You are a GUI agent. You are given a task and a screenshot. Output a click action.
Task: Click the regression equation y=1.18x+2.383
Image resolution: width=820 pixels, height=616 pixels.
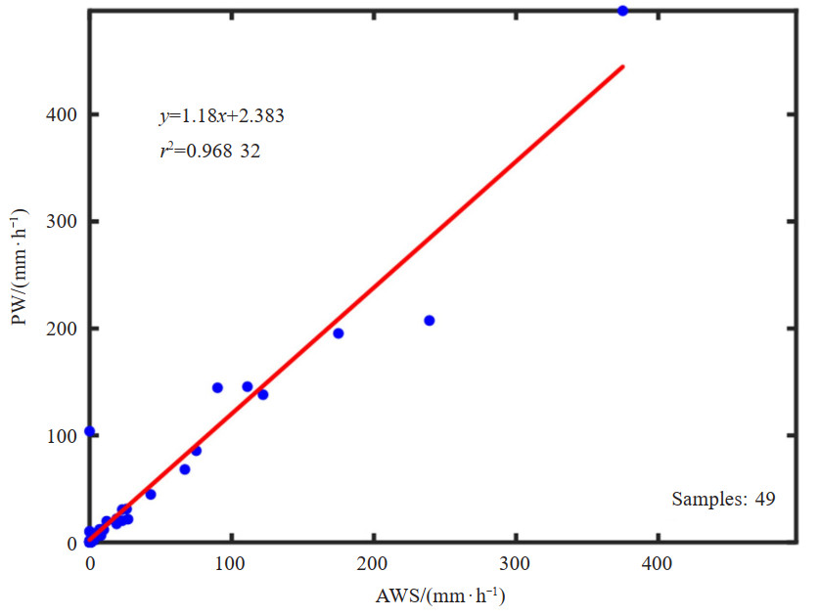(x=222, y=116)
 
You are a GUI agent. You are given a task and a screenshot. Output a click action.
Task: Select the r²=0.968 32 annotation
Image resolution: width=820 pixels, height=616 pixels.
(x=210, y=151)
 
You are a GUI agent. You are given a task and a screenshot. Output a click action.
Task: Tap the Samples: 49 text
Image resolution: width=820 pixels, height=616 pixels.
(x=723, y=499)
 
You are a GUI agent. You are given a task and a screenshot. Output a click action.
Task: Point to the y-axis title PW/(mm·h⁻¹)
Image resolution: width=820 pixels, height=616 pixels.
(x=25, y=282)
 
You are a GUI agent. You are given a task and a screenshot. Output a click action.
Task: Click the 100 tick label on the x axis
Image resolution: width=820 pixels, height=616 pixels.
(x=231, y=564)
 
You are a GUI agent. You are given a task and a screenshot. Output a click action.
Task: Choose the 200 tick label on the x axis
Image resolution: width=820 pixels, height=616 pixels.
(x=373, y=564)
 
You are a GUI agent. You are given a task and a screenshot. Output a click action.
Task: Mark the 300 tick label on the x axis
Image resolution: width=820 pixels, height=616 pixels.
(x=515, y=564)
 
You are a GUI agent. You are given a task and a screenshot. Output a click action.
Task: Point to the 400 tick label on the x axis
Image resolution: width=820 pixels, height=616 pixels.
(x=657, y=564)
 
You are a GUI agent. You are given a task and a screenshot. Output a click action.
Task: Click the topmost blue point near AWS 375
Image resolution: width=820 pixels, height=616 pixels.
(x=622, y=11)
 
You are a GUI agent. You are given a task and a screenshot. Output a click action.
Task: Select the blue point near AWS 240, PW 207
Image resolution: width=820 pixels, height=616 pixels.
(x=429, y=321)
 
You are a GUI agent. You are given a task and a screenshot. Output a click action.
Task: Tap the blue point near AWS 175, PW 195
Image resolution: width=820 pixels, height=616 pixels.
(x=339, y=333)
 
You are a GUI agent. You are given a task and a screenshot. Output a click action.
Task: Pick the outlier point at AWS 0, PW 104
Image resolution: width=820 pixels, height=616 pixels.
(x=89, y=431)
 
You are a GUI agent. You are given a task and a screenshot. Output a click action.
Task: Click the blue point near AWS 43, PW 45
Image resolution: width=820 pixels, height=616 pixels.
(x=151, y=494)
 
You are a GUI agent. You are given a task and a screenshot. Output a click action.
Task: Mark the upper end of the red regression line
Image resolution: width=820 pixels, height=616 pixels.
(x=622, y=66)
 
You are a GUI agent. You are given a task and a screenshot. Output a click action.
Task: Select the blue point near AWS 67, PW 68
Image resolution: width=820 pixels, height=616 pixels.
(x=185, y=469)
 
